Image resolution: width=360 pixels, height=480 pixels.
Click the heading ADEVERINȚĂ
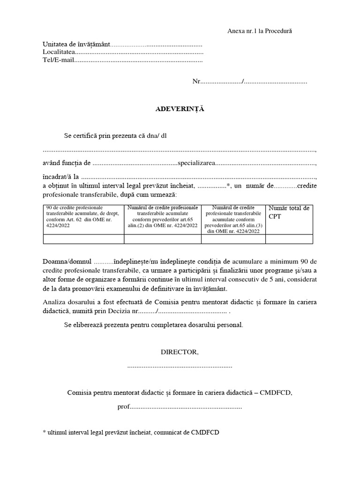pyautogui.click(x=180, y=109)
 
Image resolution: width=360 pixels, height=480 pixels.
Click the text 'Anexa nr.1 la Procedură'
pyautogui.click(x=259, y=31)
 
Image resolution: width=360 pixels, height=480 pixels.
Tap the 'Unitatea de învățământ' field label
pyautogui.click(x=76, y=45)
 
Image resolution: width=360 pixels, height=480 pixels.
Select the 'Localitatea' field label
pyautogui.click(x=59, y=52)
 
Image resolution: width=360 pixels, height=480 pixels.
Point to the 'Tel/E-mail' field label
pyautogui.click(x=58, y=60)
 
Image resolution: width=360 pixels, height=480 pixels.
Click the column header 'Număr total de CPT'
pyautogui.click(x=289, y=212)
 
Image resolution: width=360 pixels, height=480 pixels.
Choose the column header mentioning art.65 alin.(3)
pyautogui.click(x=233, y=218)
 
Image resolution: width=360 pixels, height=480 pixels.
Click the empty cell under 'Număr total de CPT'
pyautogui.click(x=289, y=239)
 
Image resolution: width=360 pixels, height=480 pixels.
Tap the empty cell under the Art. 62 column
pyautogui.click(x=83, y=239)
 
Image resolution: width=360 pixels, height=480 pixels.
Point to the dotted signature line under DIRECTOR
pyautogui.click(x=180, y=366)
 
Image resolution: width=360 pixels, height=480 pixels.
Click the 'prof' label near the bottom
pyautogui.click(x=123, y=406)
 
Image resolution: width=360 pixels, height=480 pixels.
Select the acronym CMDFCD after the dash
pyautogui.click(x=276, y=392)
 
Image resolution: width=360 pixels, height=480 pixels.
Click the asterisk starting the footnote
pyautogui.click(x=44, y=432)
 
